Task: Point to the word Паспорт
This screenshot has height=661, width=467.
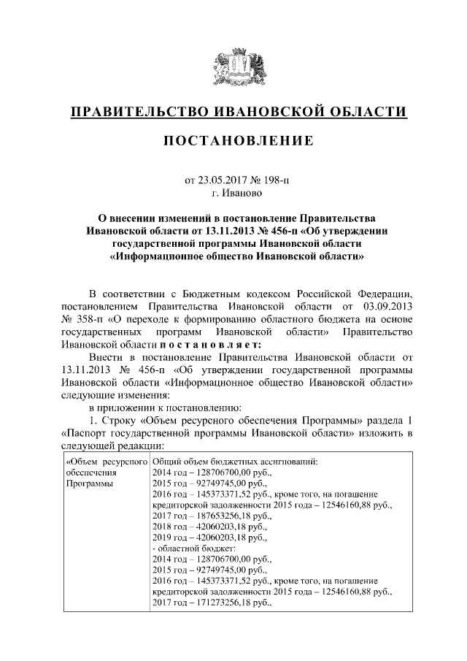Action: [x=89, y=433]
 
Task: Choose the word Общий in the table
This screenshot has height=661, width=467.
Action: [x=167, y=461]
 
